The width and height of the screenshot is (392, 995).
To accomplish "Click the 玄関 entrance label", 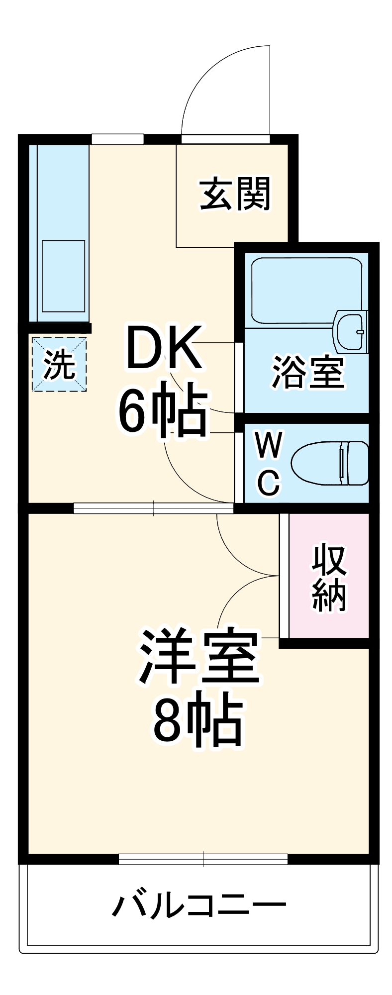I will [235, 194].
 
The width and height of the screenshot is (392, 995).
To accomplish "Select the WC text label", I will [269, 463].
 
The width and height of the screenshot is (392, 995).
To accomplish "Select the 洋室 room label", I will [199, 657].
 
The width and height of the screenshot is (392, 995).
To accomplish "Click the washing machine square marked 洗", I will [59, 364].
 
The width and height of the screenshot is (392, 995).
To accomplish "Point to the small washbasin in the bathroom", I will [351, 331].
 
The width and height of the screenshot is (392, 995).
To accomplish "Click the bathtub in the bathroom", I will [306, 291].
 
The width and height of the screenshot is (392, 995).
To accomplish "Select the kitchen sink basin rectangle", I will [63, 276].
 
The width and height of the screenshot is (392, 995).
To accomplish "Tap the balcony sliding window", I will [203, 859].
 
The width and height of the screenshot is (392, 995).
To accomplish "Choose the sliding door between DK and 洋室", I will [154, 508].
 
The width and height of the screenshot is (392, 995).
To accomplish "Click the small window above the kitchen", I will [117, 139].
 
